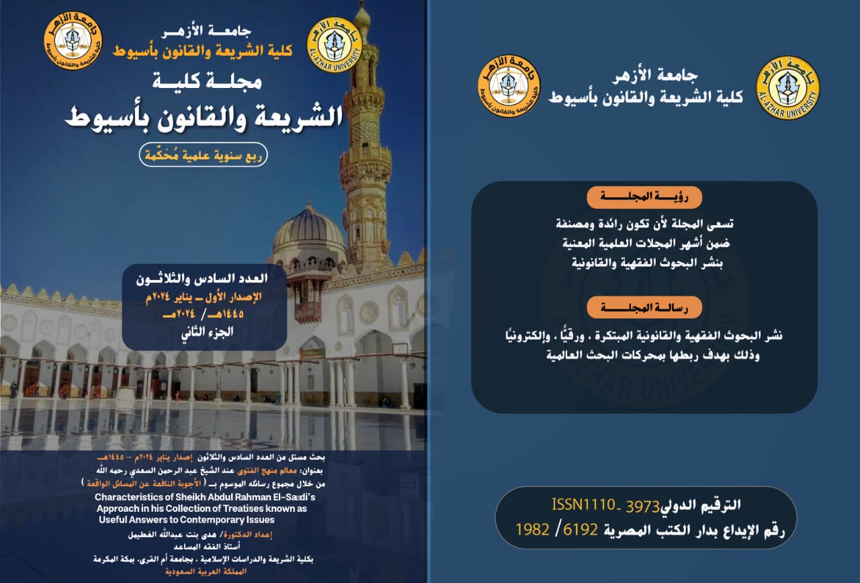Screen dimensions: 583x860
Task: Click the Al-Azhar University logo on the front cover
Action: click(x=334, y=44)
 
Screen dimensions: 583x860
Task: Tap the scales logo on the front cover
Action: click(x=70, y=38)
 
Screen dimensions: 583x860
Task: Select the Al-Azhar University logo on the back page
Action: click(x=787, y=88)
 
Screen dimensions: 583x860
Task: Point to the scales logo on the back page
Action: click(x=509, y=86)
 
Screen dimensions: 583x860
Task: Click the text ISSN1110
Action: click(x=583, y=504)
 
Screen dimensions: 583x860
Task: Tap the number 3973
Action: click(x=642, y=505)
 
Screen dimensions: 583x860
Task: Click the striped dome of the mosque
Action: click(x=309, y=228)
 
